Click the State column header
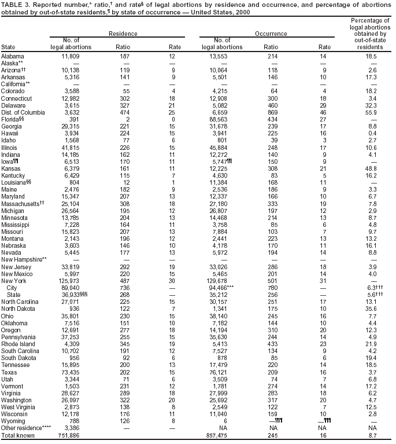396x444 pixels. [9, 46]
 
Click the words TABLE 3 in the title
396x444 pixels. [14, 5]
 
